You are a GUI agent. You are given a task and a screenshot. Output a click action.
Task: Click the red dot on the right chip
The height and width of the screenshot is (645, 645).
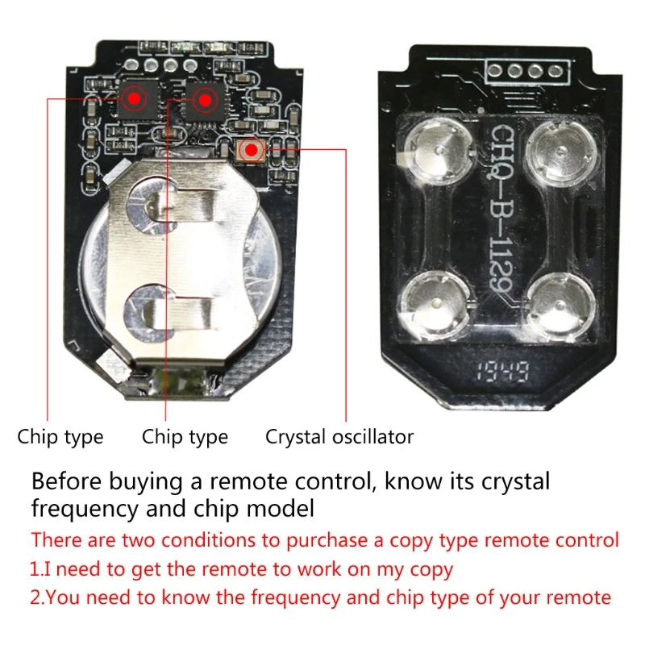[205, 100]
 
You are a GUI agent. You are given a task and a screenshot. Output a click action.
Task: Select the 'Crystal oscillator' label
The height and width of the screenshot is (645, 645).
[339, 437]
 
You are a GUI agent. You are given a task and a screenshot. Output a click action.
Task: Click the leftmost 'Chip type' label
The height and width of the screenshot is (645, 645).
[60, 437]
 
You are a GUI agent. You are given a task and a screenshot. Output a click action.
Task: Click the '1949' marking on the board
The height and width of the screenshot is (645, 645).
[496, 372]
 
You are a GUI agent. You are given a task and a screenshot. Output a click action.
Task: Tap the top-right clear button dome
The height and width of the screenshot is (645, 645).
[557, 148]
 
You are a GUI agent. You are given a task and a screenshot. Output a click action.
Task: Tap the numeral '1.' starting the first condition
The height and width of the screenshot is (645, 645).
[35, 569]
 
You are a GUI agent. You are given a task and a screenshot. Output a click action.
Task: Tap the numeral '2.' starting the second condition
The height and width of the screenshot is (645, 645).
[37, 597]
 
